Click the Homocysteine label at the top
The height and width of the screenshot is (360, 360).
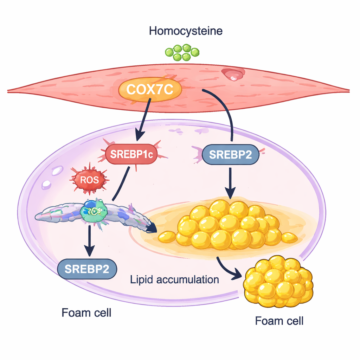pos(186,31)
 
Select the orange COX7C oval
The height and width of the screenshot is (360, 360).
pos(150,89)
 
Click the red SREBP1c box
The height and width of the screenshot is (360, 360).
pos(131,154)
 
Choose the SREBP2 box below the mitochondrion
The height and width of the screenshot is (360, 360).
pos(87,269)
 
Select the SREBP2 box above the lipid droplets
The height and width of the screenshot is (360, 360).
pos(230,154)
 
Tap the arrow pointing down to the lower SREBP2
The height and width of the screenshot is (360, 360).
pos(90,243)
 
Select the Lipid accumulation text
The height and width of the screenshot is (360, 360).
pos(174,280)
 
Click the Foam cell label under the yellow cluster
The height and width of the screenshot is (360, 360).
pos(279,321)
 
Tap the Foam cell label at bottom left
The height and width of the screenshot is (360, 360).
pos(86,313)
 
